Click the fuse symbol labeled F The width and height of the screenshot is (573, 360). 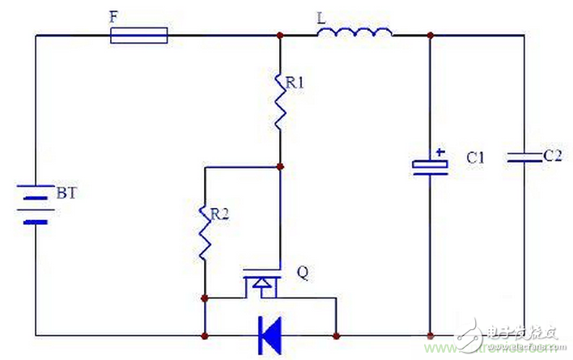(x=138, y=35)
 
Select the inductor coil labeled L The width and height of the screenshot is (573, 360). (x=354, y=32)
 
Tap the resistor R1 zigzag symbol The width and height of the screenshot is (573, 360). (x=279, y=101)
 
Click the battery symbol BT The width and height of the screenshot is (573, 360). (x=36, y=205)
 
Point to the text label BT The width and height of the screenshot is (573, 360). (x=66, y=195)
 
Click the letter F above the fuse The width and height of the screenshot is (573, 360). (x=114, y=14)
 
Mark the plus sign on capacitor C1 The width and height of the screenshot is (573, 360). (x=439, y=151)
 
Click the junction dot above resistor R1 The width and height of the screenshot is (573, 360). (x=279, y=36)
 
